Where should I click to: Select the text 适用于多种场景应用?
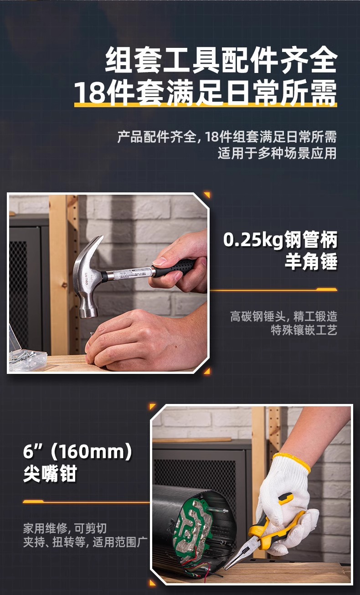(x=277, y=153)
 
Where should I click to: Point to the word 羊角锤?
(x=311, y=262)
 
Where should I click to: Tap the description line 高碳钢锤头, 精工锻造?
(x=283, y=316)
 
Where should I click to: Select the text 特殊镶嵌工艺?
(x=304, y=331)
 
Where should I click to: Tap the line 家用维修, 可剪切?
(x=65, y=528)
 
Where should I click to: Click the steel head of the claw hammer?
(x=88, y=292)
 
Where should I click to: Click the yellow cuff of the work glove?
(x=292, y=461)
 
